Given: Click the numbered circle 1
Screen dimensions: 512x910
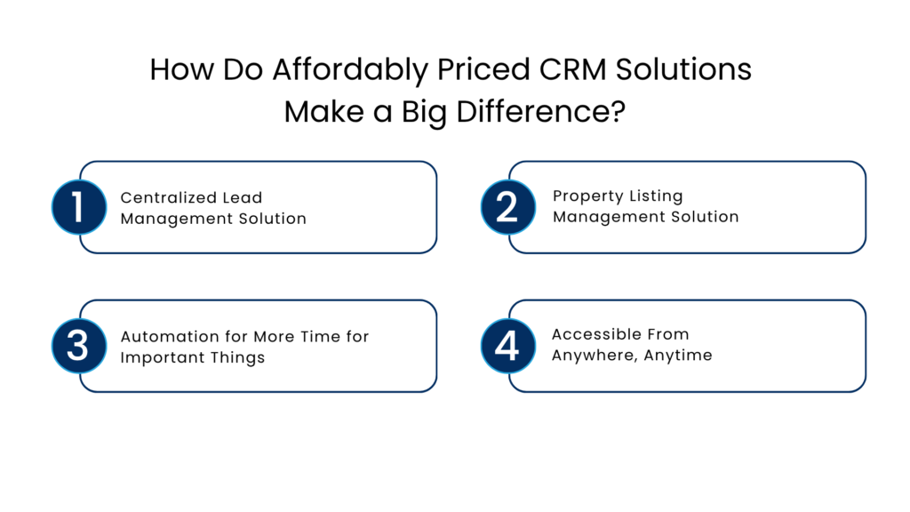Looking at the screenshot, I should point(78,207).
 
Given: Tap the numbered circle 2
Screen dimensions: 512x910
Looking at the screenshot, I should point(507,207).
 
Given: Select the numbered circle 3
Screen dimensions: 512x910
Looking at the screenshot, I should point(78,346).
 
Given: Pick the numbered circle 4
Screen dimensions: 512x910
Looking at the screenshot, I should point(507,346).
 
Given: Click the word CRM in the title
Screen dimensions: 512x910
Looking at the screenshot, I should point(577,70).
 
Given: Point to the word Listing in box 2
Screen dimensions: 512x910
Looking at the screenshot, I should point(655,196).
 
